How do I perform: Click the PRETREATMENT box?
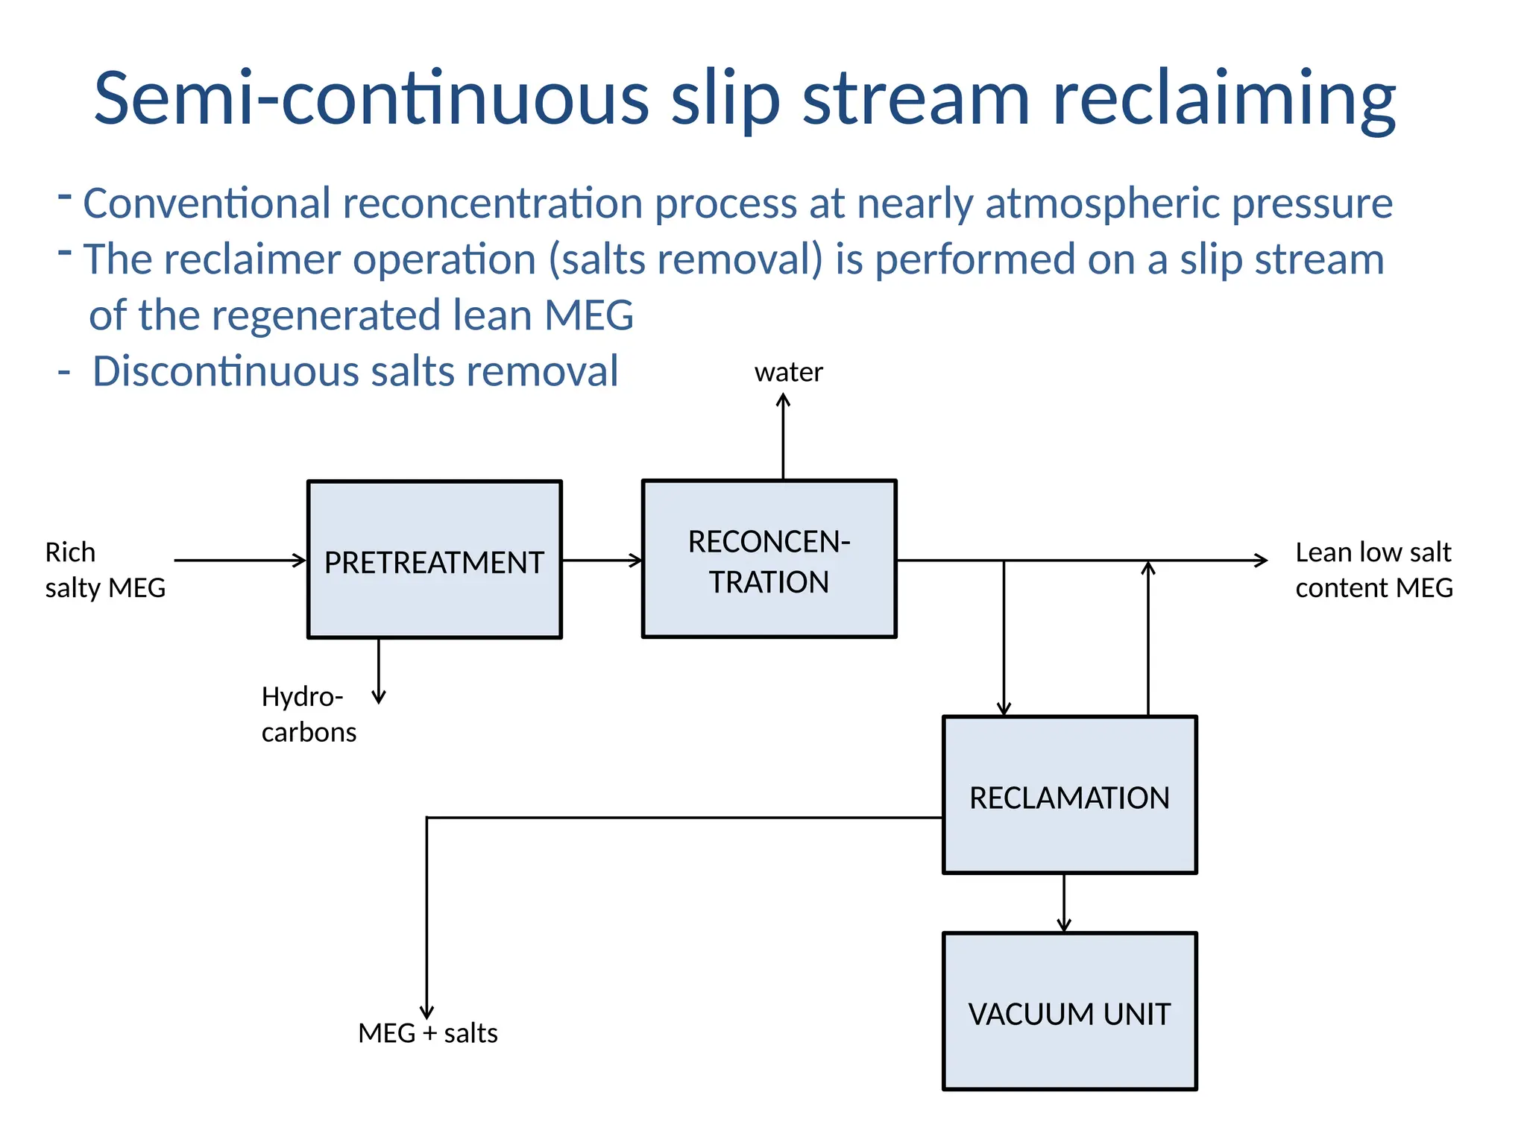pos(434,560)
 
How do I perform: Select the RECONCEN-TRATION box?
pos(769,559)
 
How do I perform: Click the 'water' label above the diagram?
pos(788,372)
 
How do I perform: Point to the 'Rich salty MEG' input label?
pos(104,570)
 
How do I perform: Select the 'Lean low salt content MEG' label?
pos(1373,570)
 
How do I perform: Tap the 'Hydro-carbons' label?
pos(308,714)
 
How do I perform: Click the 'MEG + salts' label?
pos(427,1033)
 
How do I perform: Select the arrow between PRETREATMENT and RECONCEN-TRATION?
pos(602,561)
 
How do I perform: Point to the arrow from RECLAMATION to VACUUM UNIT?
pos(1064,903)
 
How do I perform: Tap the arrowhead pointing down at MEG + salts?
pos(426,1012)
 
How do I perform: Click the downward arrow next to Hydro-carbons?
pos(379,671)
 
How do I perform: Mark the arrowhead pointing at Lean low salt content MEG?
pos(1261,561)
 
